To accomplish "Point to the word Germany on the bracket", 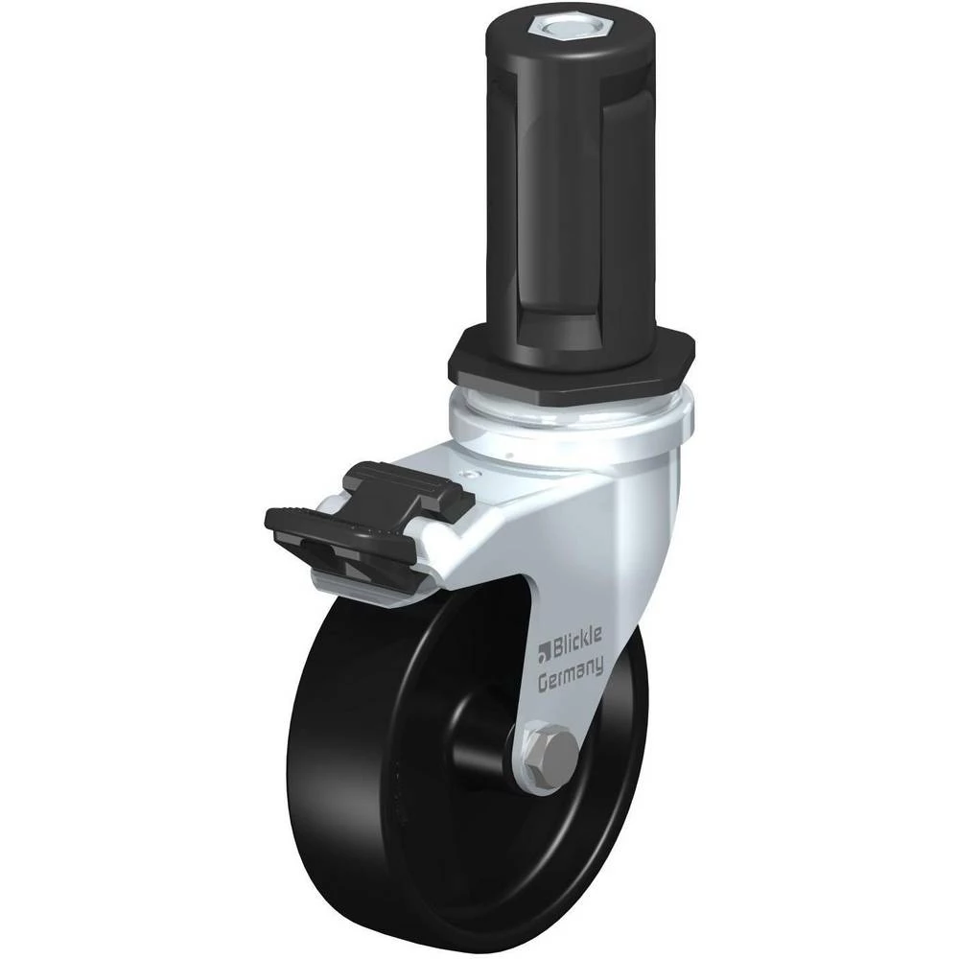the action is click(571, 674).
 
